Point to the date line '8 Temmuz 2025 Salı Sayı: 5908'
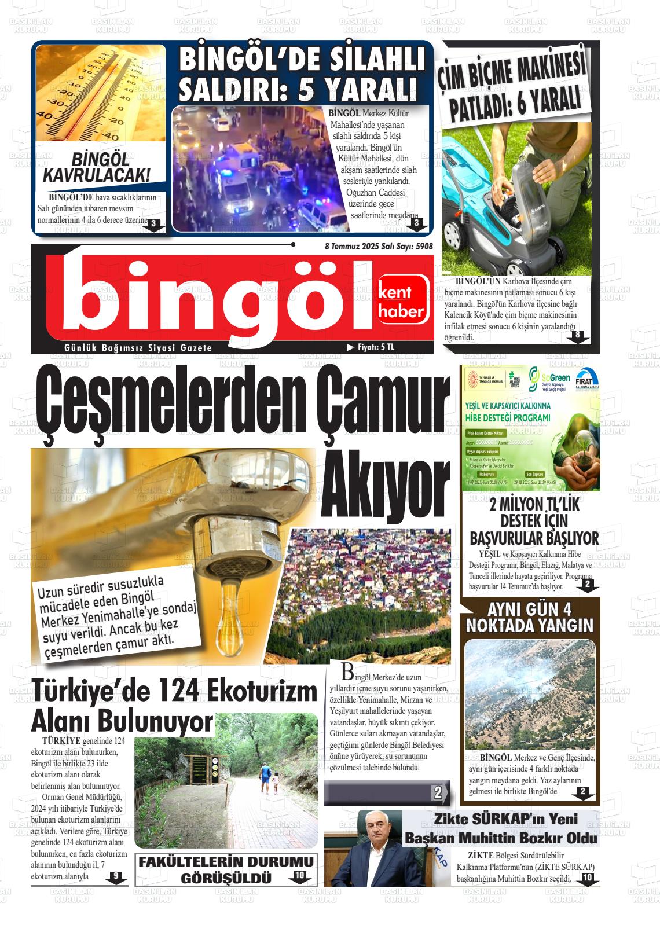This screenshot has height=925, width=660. point(379,246)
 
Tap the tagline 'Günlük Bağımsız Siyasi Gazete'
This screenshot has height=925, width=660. point(138,348)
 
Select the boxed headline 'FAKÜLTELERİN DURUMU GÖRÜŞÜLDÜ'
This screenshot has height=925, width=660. point(226,869)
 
